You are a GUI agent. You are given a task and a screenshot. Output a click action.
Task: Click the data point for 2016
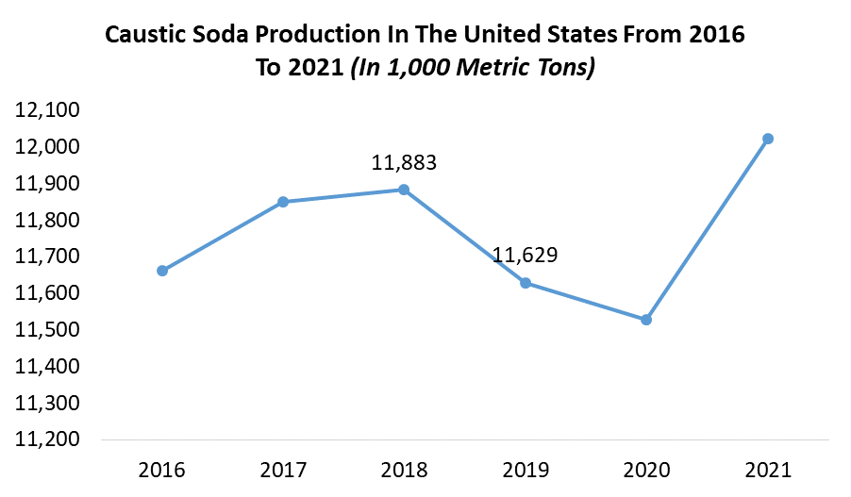[x=162, y=271]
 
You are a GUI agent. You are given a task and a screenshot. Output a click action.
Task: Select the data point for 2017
[x=283, y=202]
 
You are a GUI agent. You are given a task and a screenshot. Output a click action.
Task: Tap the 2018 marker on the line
[x=404, y=190]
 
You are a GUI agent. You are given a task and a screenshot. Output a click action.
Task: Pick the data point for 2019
[x=525, y=283]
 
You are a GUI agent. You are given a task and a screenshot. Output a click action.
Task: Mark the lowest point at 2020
[x=646, y=320]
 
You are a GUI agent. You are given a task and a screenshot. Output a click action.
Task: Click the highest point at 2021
[x=768, y=139]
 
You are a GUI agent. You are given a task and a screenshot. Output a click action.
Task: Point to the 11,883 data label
[x=404, y=163]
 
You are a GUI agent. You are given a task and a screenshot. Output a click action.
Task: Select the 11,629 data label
[x=525, y=256]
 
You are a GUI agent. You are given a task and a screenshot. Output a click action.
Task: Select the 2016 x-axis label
[x=162, y=469]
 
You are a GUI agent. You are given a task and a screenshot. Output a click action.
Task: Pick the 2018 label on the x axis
[x=404, y=469]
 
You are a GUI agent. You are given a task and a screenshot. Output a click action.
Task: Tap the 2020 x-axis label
[x=646, y=469]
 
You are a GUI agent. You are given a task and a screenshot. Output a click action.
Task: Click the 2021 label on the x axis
[x=768, y=469]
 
